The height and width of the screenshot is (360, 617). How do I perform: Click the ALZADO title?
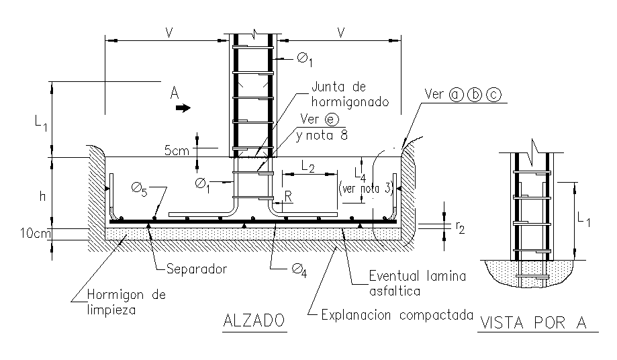point(254,320)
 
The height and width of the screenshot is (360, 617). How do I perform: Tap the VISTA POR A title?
point(534,322)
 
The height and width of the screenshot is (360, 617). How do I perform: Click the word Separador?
point(197,269)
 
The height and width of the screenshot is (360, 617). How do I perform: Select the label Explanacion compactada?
point(397,315)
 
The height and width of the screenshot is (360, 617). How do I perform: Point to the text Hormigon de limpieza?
point(126,302)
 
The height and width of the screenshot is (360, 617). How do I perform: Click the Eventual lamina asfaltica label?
point(418,283)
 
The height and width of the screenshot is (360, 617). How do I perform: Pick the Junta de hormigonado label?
point(350,94)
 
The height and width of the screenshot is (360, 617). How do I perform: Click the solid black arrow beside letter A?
point(183,108)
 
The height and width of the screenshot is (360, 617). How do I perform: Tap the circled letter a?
point(457,95)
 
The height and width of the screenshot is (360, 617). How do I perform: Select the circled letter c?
point(494,95)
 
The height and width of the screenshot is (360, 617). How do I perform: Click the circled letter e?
point(331,119)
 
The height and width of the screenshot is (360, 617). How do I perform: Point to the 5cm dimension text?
point(177,150)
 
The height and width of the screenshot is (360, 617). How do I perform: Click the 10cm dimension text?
point(36,233)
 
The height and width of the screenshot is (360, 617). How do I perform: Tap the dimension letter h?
point(42,196)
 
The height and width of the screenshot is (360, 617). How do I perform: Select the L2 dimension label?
point(308,167)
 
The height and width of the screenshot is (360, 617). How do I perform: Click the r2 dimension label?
point(460,227)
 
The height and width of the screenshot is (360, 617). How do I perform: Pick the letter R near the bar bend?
point(289,196)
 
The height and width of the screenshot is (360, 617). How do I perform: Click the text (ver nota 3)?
point(366,189)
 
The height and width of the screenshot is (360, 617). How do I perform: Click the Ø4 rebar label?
point(299,270)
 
